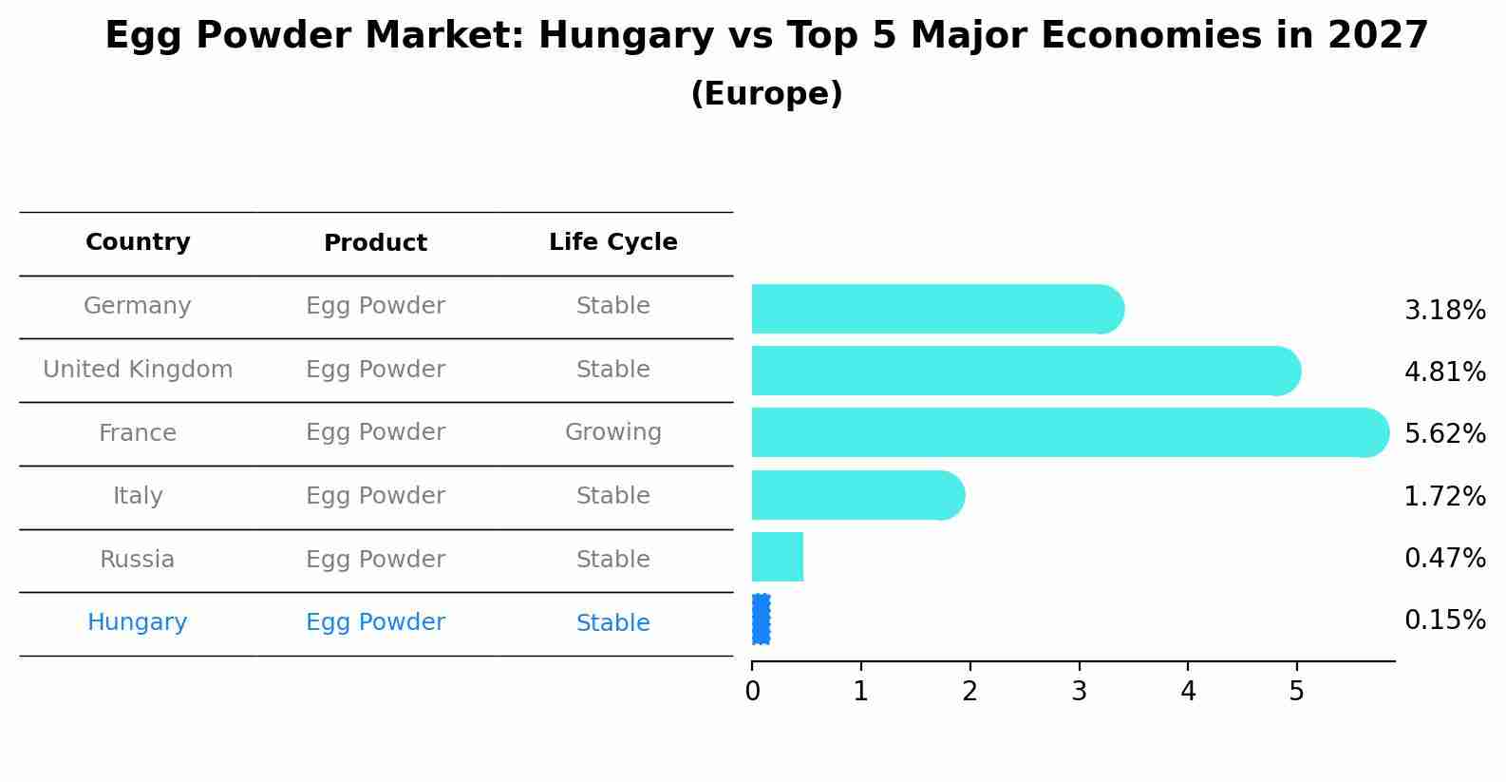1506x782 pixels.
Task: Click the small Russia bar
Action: click(x=778, y=557)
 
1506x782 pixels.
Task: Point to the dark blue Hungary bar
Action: click(x=761, y=620)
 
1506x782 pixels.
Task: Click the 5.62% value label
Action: click(x=1444, y=434)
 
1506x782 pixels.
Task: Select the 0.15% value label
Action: click(x=1444, y=620)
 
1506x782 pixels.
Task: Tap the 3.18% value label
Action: click(x=1444, y=311)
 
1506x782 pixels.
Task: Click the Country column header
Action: click(x=138, y=242)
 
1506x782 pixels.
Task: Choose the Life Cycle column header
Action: click(x=613, y=242)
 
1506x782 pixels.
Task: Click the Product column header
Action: click(x=375, y=243)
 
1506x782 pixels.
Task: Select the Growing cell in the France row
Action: click(x=613, y=432)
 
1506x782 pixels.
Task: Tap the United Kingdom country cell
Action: click(x=138, y=370)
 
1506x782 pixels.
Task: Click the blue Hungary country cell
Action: click(x=138, y=622)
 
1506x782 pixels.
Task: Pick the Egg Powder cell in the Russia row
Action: click(x=375, y=560)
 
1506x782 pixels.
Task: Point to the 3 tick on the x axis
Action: click(x=1079, y=692)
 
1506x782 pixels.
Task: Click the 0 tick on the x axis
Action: click(x=753, y=692)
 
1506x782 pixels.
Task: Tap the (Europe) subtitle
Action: click(x=766, y=94)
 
